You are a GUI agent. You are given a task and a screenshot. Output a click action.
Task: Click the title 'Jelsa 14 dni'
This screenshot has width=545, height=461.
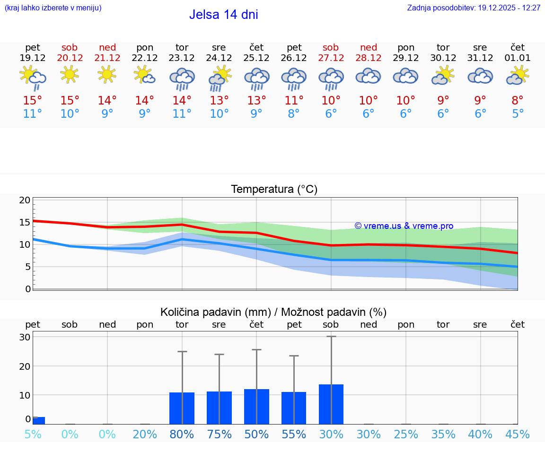[x=223, y=15]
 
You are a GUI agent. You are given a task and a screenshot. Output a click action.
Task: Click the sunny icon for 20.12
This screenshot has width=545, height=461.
[x=70, y=74]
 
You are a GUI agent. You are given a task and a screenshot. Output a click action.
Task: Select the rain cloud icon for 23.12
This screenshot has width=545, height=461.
[x=182, y=78]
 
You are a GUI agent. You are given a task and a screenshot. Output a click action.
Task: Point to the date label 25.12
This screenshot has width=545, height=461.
[x=256, y=58]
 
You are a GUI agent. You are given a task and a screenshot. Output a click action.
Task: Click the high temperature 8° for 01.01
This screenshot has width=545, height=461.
[x=518, y=101]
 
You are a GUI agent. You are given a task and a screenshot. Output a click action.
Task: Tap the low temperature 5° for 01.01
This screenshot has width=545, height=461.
[x=518, y=114]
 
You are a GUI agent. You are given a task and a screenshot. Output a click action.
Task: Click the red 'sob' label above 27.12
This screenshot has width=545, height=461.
[x=331, y=47]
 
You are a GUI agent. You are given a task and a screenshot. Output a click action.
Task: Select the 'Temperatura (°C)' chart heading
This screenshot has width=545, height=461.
[x=274, y=190]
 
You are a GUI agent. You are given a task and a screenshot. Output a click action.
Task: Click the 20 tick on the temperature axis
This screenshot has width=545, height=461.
[x=25, y=200]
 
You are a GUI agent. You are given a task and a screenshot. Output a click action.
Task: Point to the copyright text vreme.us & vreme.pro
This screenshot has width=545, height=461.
[x=404, y=226]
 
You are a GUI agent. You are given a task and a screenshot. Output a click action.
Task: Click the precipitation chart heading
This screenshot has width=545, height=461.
[x=273, y=312]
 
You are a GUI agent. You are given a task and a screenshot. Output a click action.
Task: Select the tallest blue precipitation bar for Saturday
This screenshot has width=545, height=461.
[x=331, y=404]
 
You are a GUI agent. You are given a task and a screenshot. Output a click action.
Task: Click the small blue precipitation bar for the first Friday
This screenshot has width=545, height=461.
[x=39, y=420]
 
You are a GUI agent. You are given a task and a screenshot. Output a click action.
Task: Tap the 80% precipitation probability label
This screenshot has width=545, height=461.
[x=182, y=435]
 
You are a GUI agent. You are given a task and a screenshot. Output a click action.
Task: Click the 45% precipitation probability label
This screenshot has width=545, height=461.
[x=518, y=435]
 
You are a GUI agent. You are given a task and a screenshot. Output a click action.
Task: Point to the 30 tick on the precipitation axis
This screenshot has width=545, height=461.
[x=25, y=337]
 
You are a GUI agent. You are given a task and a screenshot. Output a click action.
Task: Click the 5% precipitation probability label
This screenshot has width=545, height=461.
[x=33, y=435]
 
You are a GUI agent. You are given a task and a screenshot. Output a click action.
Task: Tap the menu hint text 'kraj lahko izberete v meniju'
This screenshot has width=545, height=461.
[x=53, y=8]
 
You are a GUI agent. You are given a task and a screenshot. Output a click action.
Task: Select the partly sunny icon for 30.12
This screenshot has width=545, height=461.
[x=443, y=75]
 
